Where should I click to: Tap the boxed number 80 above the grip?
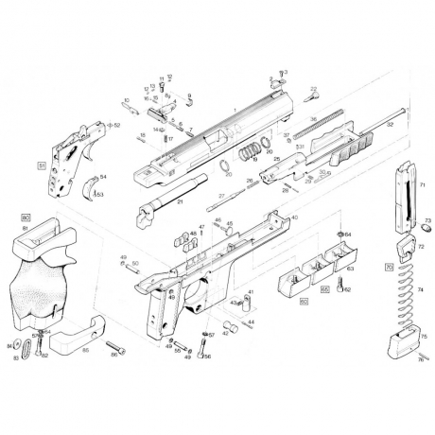26,218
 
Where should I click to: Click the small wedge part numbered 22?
312,96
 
